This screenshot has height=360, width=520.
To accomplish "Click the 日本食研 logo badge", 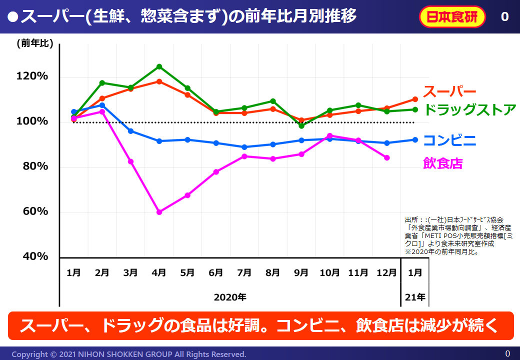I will [x=452, y=17].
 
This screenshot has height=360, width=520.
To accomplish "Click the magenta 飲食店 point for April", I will [x=159, y=212].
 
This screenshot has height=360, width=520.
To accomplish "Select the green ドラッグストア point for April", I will [x=159, y=66].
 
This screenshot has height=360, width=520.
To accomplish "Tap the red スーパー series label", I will [x=449, y=91].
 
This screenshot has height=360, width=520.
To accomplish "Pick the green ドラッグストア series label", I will [x=469, y=109].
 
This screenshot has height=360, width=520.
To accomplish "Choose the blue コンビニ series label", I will [x=449, y=140].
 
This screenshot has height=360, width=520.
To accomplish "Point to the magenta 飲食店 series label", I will [x=443, y=163].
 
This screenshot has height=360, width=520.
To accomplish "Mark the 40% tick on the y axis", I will [x=34, y=256].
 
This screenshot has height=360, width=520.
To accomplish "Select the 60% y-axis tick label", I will [x=34, y=211].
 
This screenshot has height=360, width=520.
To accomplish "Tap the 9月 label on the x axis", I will [x=301, y=273].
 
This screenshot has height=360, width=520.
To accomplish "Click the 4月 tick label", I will [x=159, y=273].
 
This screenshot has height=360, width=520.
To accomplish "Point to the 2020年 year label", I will [x=230, y=297].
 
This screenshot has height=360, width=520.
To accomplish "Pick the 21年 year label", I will [x=415, y=297].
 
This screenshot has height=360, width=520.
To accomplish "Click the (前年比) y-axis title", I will [x=34, y=44].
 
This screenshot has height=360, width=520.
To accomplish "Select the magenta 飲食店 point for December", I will [x=386, y=158].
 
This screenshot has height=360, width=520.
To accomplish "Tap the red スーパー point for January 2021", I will [x=415, y=99].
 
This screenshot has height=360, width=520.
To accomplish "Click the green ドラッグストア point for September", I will [x=301, y=126].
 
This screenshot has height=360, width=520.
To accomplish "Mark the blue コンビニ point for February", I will [x=102, y=105].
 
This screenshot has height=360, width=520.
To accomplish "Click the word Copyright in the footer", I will [x=30, y=354].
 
